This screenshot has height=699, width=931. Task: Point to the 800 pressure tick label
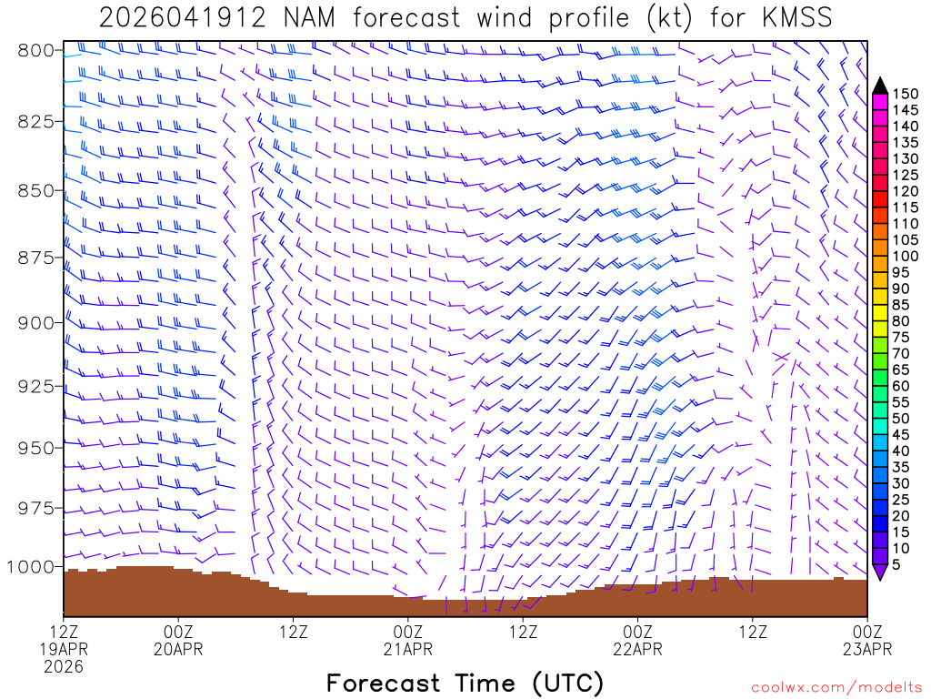point(35,50)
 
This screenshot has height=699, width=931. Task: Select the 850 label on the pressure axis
point(35,190)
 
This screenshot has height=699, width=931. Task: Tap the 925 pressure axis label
point(35,386)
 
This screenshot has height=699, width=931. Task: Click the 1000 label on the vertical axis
point(31,566)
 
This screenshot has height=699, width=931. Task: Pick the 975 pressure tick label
point(35,507)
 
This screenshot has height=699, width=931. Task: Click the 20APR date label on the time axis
point(178,649)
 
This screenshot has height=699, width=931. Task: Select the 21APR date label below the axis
point(407,649)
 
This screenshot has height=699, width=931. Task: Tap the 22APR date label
point(637,649)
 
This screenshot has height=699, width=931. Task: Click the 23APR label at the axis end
point(867,649)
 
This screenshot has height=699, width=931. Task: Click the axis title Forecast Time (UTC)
point(465,683)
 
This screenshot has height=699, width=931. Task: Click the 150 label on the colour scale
point(906,93)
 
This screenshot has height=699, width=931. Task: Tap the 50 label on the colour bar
point(903,419)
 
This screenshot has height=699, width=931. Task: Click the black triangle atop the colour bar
point(880,86)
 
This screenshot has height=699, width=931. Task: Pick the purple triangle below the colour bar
point(880,572)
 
